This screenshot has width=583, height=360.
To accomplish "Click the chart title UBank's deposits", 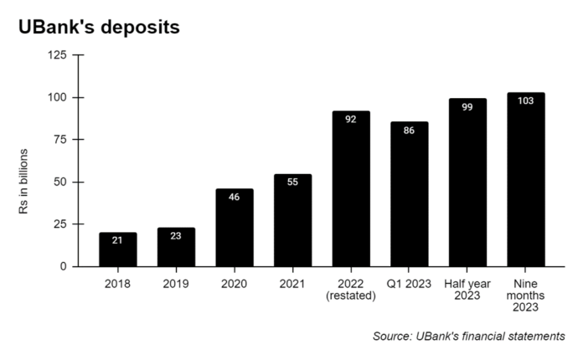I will click(99, 27).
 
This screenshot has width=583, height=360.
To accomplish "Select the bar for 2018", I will click(118, 249).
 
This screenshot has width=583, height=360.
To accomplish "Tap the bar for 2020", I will click(235, 228).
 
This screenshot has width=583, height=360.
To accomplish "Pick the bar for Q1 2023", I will click(409, 194).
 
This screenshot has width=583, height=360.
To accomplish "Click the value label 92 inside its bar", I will click(351, 120).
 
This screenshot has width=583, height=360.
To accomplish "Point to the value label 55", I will click(292, 183).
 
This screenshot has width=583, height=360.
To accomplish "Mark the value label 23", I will click(176, 236).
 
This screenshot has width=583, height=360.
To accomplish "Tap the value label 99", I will click(467, 107).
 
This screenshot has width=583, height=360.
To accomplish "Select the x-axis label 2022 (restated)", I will click(351, 289).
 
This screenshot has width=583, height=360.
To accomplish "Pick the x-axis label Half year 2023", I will click(467, 289).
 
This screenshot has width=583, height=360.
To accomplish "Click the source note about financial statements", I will click(468, 336).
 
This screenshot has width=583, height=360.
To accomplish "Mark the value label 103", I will click(525, 100).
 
